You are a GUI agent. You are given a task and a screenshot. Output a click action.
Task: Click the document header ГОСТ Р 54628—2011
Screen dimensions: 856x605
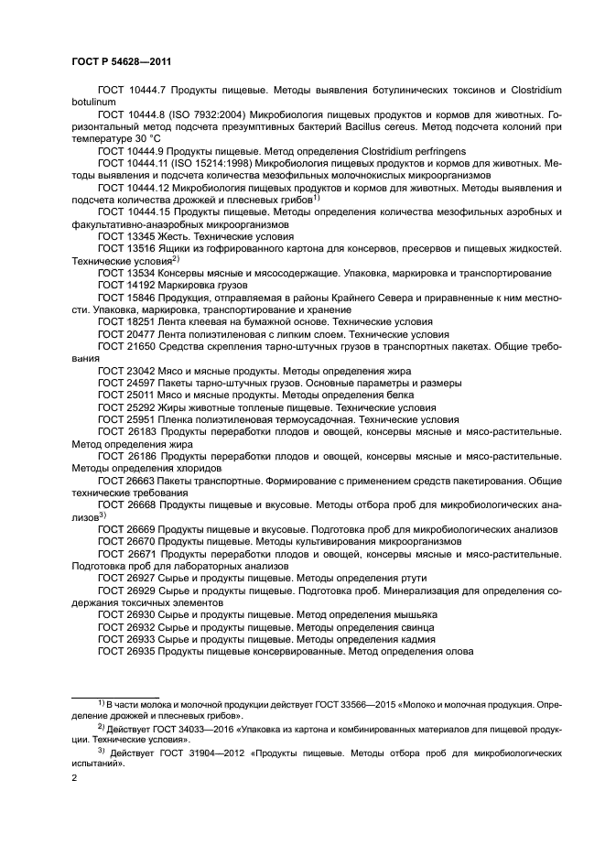point(122,61)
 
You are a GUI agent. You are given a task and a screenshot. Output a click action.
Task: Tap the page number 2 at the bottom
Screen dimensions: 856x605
point(74,778)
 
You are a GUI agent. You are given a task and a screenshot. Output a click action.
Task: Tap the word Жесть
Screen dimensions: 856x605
point(175,235)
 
